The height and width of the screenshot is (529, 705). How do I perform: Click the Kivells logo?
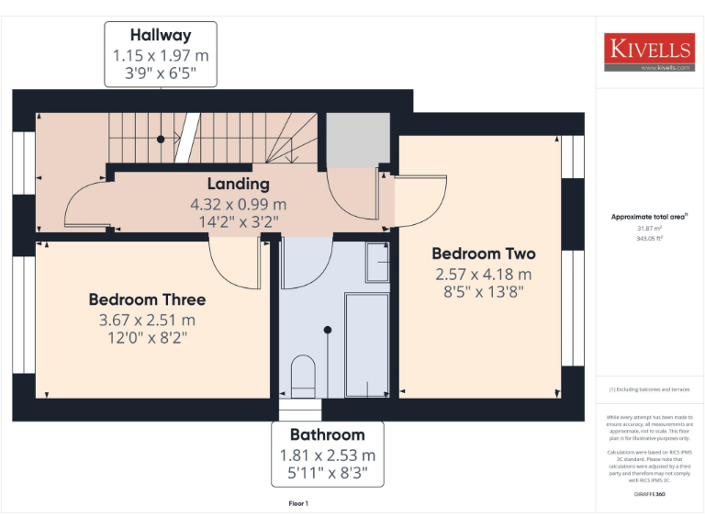coord(648,52)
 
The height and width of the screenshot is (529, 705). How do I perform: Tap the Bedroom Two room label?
coord(483,253)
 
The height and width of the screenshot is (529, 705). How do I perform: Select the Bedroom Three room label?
coord(147,299)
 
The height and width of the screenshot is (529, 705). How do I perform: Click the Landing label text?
coord(238,184)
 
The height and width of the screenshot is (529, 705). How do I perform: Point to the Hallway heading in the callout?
coord(161,36)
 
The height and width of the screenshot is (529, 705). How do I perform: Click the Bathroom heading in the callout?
coord(328,434)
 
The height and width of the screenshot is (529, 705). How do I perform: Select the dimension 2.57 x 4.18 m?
coord(483,275)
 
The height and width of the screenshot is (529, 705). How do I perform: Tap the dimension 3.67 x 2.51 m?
coord(147,321)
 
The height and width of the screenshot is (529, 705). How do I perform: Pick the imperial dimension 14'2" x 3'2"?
coord(238,221)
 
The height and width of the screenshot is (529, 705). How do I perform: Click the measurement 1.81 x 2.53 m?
coord(328,456)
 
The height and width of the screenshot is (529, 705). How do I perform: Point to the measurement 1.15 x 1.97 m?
coord(161,56)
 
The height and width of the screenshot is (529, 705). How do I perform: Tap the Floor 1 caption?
coord(298,504)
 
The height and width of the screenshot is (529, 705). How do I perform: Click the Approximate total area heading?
coord(650,217)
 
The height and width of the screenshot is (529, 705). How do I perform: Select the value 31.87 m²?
coord(649,228)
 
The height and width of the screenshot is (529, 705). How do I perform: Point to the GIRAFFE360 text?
coord(649,495)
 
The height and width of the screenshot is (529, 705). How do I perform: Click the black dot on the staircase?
coord(161,139)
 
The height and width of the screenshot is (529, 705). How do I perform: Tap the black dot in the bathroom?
coord(328,330)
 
